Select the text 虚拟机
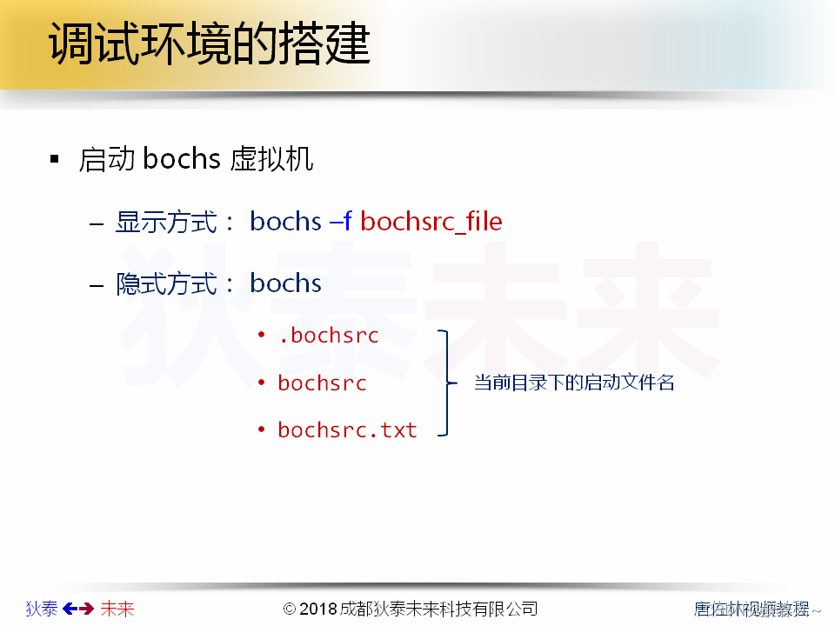(272, 160)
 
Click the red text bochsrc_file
(431, 222)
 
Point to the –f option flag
(340, 222)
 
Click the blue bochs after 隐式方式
(285, 283)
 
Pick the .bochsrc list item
(329, 336)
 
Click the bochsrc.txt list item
(347, 430)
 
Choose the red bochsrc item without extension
(322, 383)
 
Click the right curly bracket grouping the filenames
(447, 383)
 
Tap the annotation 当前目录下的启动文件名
(574, 383)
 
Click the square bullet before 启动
(55, 160)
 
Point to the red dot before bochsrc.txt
(261, 430)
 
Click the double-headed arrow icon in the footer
(78, 609)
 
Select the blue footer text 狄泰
(42, 609)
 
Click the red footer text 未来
(117, 609)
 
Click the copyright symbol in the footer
(291, 609)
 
